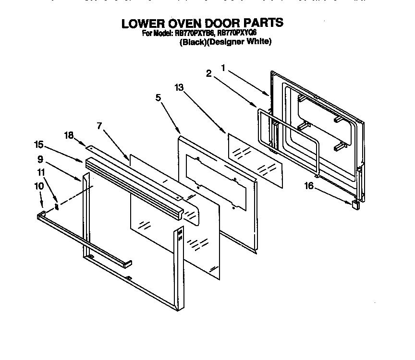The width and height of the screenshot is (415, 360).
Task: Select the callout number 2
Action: point(208,73)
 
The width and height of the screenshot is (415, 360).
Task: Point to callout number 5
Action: point(158,97)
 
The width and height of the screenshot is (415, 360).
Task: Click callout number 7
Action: point(99,126)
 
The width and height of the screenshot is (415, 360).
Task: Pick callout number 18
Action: point(69,135)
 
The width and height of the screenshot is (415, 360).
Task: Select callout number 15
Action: point(39,144)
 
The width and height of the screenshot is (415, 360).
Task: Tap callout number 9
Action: point(41,159)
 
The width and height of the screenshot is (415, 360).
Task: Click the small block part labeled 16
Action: point(355,205)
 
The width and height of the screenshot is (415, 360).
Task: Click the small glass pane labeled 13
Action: point(255,158)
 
